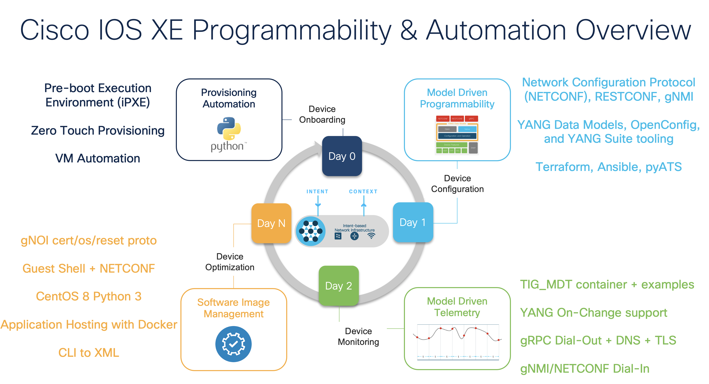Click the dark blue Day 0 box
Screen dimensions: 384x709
tap(342, 156)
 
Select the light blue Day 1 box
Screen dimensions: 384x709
tap(413, 222)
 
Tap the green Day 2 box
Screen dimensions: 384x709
tap(339, 286)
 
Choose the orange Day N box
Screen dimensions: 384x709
tap(271, 223)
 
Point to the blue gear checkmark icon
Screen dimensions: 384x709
tap(233, 344)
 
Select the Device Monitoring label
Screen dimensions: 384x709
tap(358, 336)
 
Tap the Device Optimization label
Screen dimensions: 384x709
tap(230, 262)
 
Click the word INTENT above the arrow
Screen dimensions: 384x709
tap(317, 192)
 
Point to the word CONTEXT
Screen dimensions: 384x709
tap(363, 192)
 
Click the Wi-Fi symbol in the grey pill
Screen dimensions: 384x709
tap(371, 236)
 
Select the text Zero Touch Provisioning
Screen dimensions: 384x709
tap(98, 130)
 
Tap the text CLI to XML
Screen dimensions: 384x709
tap(89, 353)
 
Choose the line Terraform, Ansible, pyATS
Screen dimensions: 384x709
tap(609, 167)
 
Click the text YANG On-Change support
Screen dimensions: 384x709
tap(594, 313)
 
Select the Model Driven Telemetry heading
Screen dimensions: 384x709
tap(457, 307)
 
